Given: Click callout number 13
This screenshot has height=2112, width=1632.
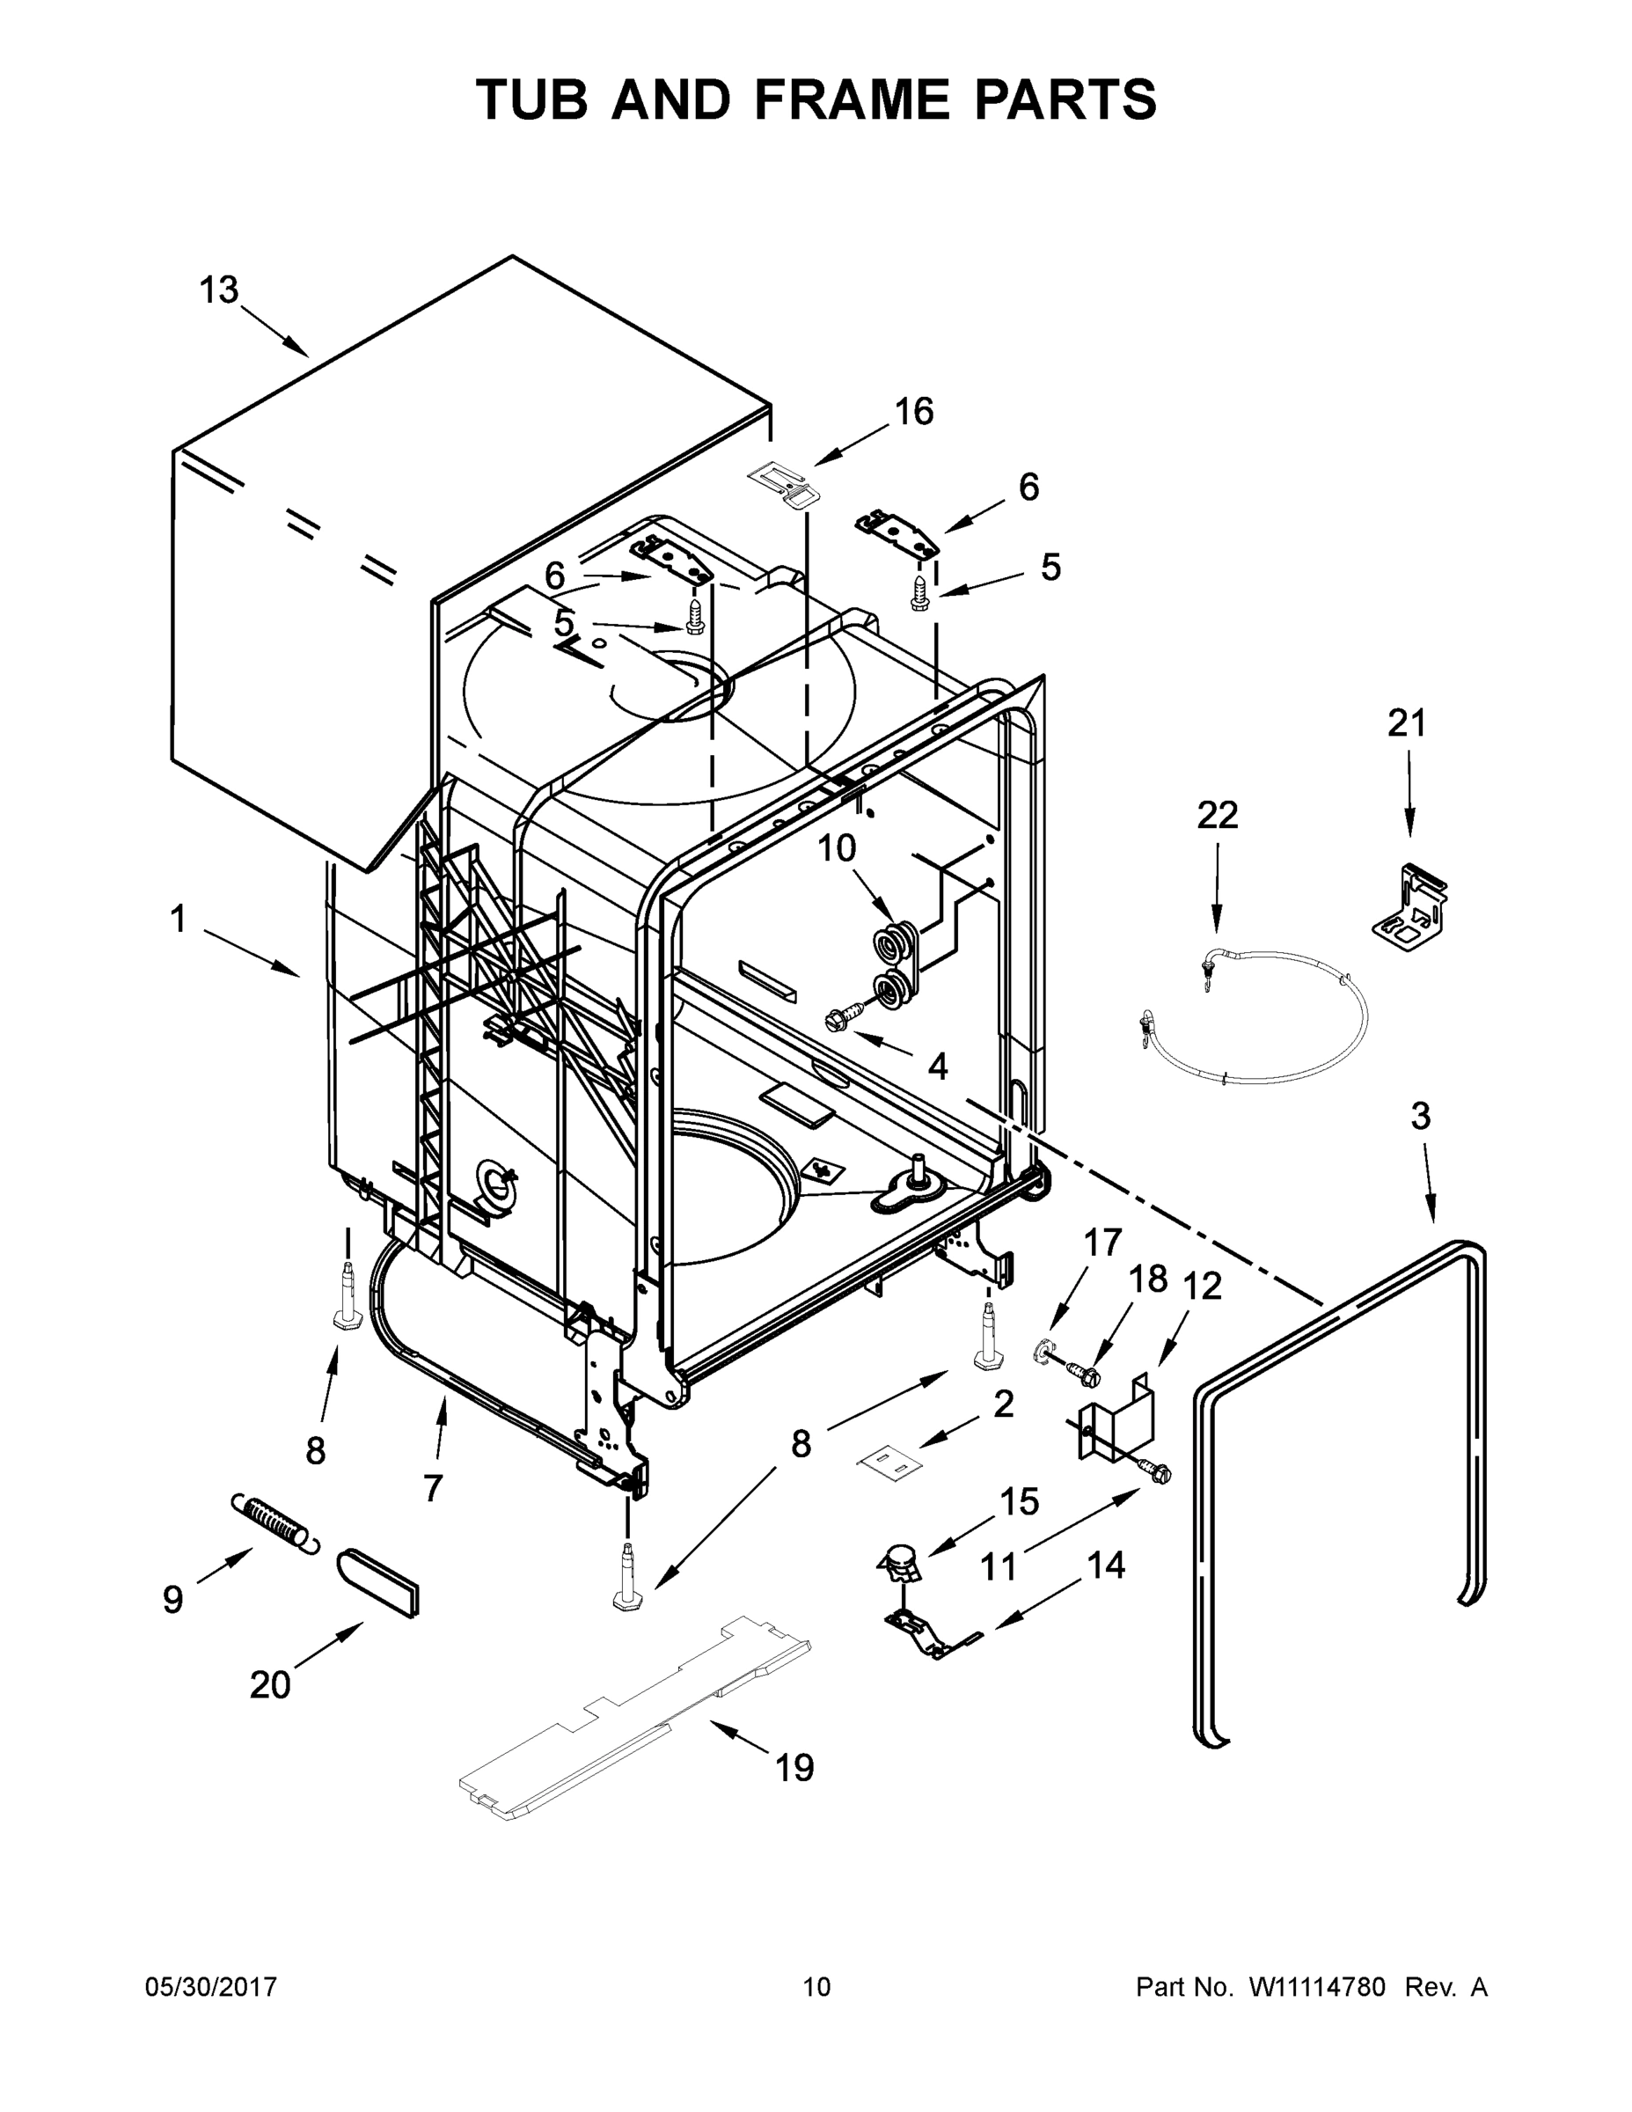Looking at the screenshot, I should pos(218,290).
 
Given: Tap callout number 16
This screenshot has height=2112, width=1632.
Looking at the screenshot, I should pos(912,412).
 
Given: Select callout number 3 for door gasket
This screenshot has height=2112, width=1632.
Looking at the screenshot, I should pos(1419,1116).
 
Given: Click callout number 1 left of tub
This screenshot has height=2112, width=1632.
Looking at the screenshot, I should pos(178,920).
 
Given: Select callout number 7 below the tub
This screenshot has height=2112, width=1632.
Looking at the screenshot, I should pos(432,1486).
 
